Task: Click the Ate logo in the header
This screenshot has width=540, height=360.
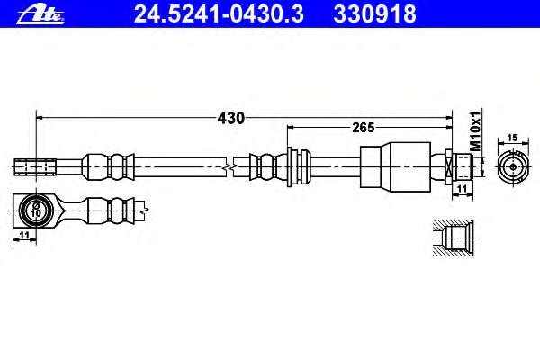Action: click(40, 14)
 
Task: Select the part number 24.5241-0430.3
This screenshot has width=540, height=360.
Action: click(219, 14)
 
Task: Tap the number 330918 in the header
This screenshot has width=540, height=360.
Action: click(374, 14)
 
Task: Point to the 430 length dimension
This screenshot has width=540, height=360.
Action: click(230, 118)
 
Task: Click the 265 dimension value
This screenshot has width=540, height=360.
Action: click(364, 128)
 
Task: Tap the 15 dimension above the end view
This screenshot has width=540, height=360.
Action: click(512, 138)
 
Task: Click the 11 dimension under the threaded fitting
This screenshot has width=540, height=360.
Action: click(462, 189)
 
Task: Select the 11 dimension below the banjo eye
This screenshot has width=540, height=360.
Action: click(24, 236)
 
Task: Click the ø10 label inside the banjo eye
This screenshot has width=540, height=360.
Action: click(35, 210)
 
